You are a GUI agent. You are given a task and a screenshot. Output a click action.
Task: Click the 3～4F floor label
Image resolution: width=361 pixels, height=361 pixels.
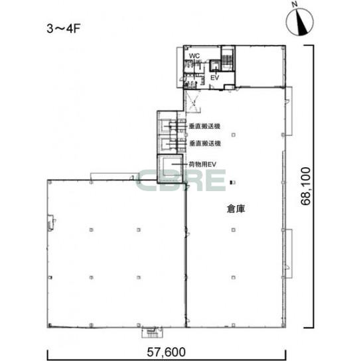pos(63,29)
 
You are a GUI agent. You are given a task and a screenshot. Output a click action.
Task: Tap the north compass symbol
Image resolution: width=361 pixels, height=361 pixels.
pos(300,22)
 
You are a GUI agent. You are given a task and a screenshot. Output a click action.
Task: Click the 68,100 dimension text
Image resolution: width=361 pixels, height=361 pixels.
pos(306,186)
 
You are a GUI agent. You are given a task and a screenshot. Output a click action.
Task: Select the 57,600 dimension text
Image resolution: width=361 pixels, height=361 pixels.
pos(166,352)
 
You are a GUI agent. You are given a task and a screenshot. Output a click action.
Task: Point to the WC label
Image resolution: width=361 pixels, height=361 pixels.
pos(194,56)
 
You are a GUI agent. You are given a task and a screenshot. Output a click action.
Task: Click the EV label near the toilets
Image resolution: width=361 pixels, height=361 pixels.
pos(215,78)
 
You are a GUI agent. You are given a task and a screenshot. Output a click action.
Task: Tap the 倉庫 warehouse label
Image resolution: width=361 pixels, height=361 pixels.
pos(236,208)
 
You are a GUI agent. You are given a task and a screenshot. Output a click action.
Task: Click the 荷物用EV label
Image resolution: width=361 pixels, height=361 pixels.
pos(202,164)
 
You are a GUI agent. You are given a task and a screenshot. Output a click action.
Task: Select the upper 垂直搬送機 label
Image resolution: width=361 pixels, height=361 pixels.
pos(204,126)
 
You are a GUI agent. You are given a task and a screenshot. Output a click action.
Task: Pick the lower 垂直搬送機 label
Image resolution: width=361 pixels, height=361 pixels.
pos(205,143)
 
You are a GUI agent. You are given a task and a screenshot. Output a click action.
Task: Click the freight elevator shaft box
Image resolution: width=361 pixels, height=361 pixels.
pos(170,169)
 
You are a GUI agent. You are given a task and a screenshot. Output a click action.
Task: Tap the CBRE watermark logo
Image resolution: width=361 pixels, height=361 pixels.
pos(181,180)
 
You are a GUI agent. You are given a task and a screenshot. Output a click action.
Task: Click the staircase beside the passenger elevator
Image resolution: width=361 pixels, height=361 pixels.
pos(227,58)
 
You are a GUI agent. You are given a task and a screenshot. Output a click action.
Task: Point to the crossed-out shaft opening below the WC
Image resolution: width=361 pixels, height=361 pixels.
pos(193,102)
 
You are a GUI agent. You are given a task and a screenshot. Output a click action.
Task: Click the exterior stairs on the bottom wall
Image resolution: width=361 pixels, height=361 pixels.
pos(152,332)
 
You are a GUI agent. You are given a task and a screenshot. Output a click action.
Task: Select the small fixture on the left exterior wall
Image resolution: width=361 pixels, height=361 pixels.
pos(50,222)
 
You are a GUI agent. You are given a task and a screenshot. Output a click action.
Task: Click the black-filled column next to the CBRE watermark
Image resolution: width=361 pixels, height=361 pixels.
pos(232,182)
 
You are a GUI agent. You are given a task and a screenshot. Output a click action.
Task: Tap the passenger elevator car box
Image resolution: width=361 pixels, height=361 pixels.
pos(216,66)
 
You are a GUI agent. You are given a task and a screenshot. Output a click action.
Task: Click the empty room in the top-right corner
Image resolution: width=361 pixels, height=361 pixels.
pos(259,66)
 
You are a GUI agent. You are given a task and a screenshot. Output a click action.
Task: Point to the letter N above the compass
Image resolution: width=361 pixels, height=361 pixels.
pos(294,4)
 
